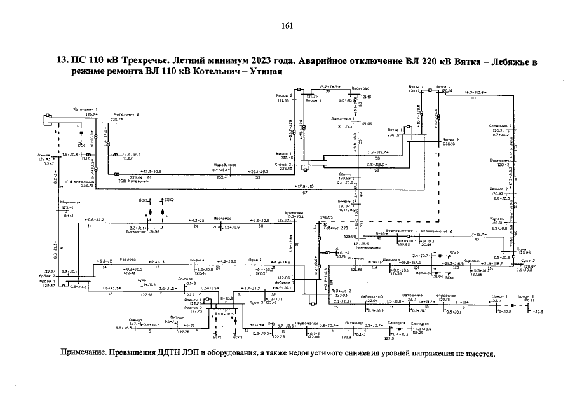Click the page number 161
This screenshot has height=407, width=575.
pos(287,25)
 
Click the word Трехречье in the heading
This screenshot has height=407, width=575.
pos(137,62)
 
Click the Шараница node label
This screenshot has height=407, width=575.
pos(68,203)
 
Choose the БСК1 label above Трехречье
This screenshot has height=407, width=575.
pos(143,200)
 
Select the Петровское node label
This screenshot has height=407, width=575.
pos(442,295)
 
